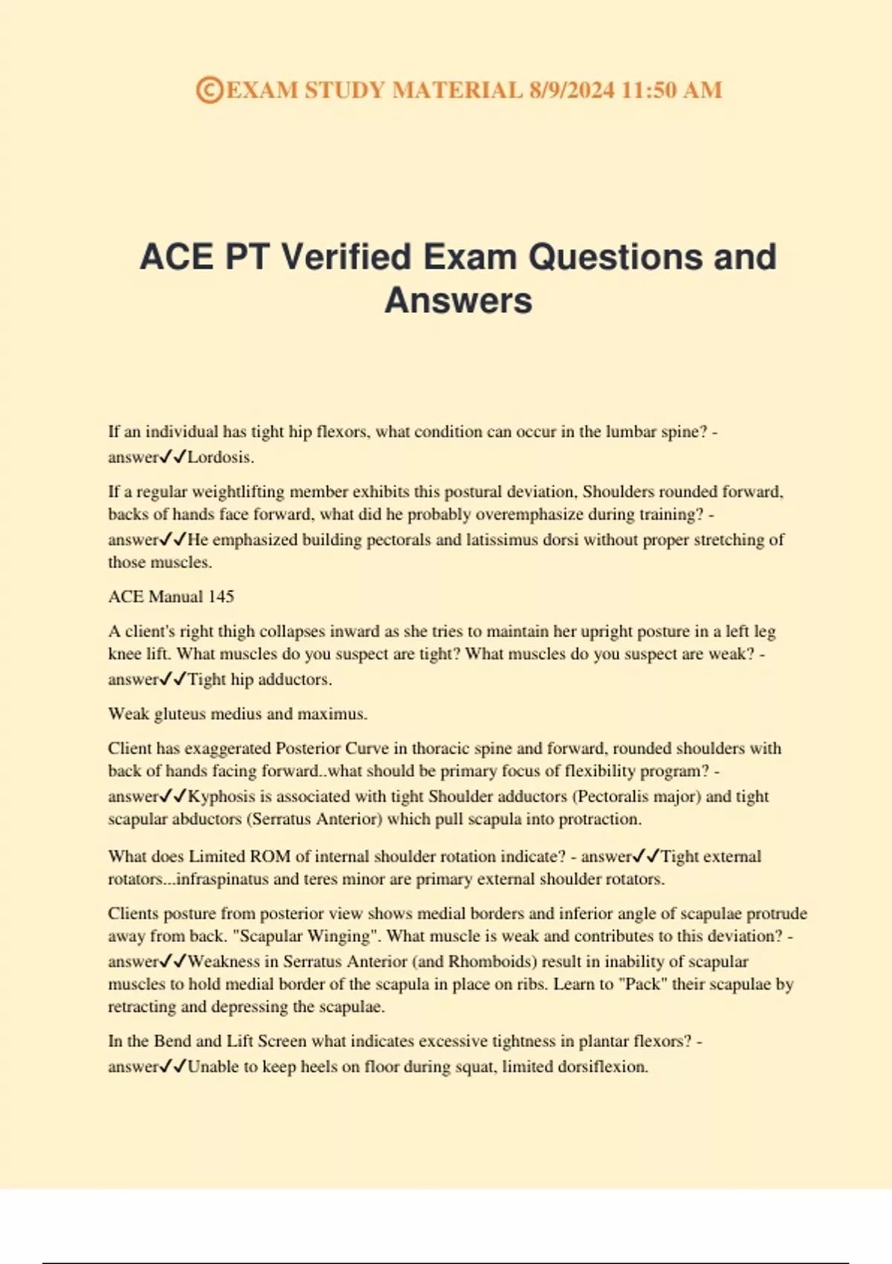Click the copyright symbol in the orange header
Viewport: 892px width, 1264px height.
click(x=210, y=90)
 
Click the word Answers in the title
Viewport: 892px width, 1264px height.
click(x=458, y=300)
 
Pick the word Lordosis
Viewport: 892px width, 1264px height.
click(x=220, y=457)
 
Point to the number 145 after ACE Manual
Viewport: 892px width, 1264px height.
click(x=221, y=596)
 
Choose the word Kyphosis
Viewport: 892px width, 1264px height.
click(x=221, y=796)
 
